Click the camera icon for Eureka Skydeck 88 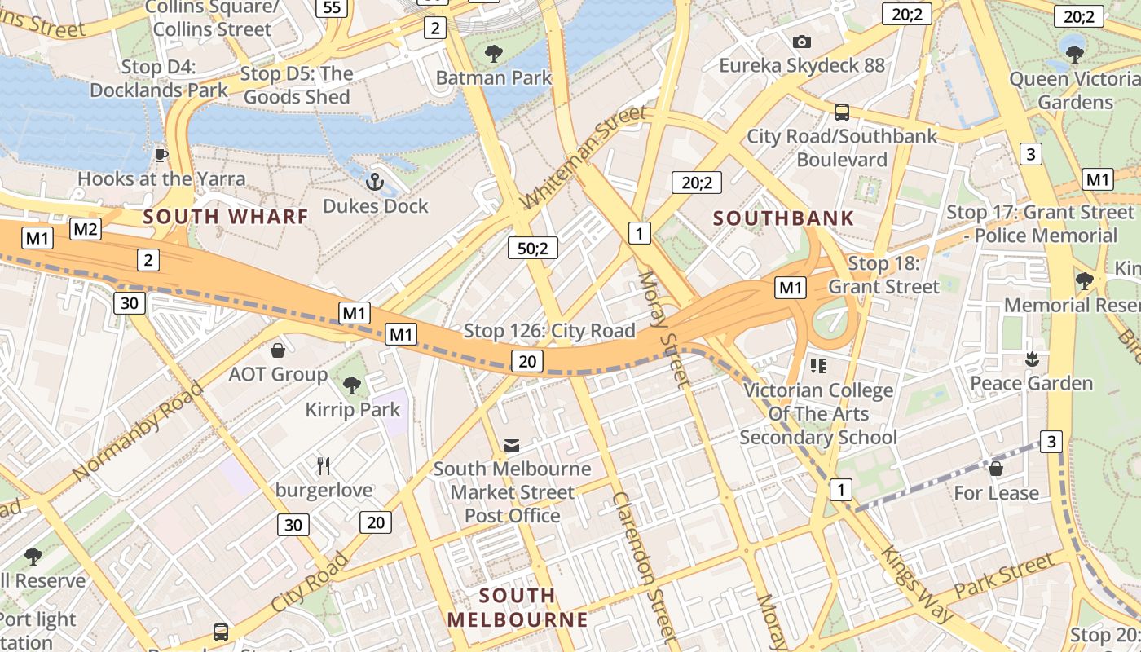click(x=801, y=42)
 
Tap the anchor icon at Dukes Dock click(x=375, y=182)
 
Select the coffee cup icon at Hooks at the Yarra click(x=161, y=154)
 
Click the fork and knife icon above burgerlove click(x=324, y=466)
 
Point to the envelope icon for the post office click(x=512, y=446)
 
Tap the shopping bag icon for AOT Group click(x=278, y=350)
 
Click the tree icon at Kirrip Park click(x=352, y=385)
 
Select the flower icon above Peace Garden click(x=1032, y=359)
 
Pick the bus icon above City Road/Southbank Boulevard click(x=842, y=112)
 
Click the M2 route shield click(x=86, y=229)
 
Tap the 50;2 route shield click(x=532, y=248)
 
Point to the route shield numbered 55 click(x=332, y=8)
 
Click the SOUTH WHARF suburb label click(x=226, y=217)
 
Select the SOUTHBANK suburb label click(x=783, y=218)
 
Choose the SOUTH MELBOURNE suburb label click(x=518, y=607)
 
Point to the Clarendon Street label click(x=644, y=566)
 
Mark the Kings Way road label click(x=916, y=584)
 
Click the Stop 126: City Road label click(x=548, y=331)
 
